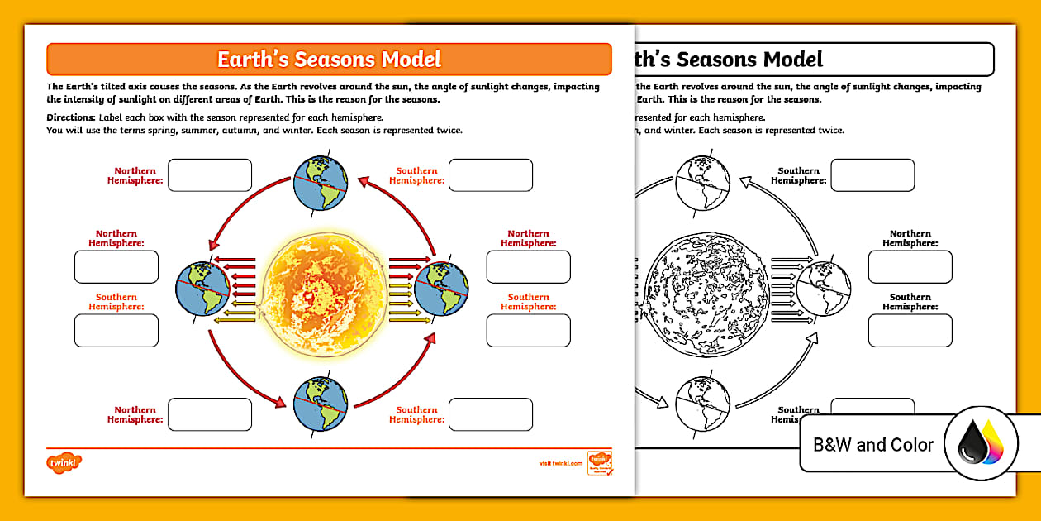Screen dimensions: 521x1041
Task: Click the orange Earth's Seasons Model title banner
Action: click(x=329, y=60)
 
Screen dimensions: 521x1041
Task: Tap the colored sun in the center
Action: click(x=322, y=290)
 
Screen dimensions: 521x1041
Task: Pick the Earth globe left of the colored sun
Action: click(x=203, y=289)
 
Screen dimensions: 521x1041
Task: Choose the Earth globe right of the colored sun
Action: click(x=441, y=289)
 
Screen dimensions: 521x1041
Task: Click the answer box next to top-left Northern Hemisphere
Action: click(x=210, y=175)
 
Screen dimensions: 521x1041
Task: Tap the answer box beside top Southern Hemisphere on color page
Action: click(x=491, y=175)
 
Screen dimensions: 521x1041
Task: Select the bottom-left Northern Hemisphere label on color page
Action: click(x=135, y=414)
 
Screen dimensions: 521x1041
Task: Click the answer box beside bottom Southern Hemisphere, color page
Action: click(x=491, y=414)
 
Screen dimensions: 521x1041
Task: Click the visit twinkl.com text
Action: click(x=560, y=464)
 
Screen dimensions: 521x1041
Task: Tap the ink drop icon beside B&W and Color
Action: click(x=981, y=445)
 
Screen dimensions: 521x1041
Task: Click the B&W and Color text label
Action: click(x=873, y=445)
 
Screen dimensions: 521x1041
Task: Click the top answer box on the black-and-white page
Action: click(x=872, y=175)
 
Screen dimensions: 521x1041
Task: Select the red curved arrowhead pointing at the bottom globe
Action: click(x=279, y=402)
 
